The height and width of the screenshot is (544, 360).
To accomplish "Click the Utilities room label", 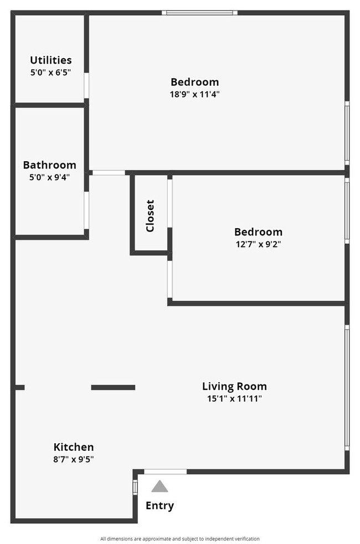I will click(x=50, y=60).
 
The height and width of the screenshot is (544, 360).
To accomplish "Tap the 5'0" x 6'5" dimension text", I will click(x=50, y=72).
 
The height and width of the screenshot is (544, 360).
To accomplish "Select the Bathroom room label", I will click(x=49, y=165).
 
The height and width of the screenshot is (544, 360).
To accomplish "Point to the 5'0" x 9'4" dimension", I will click(x=49, y=177).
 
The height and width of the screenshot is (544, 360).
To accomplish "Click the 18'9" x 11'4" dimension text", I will click(x=194, y=94).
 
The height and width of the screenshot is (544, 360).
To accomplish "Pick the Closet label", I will click(x=150, y=215).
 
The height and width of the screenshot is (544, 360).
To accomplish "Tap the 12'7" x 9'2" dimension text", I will click(x=258, y=244).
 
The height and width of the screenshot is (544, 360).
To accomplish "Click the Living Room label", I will click(x=234, y=386).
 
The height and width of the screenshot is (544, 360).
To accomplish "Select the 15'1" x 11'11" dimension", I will click(x=232, y=398).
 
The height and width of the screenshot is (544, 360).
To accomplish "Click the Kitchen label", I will click(x=73, y=447).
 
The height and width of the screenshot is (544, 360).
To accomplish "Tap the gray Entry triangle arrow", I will click(x=160, y=486).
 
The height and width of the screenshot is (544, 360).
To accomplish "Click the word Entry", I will click(x=160, y=505).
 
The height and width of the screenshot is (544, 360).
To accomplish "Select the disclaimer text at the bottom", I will click(x=179, y=538).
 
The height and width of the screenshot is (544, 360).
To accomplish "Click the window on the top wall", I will click(x=199, y=12).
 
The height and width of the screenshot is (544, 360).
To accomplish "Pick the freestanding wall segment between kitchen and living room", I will click(x=113, y=387).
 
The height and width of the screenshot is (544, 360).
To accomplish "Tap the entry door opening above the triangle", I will click(x=165, y=471).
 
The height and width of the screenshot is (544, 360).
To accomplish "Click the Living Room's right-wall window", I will click(x=347, y=387).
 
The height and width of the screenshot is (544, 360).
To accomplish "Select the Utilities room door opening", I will click(x=86, y=85).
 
